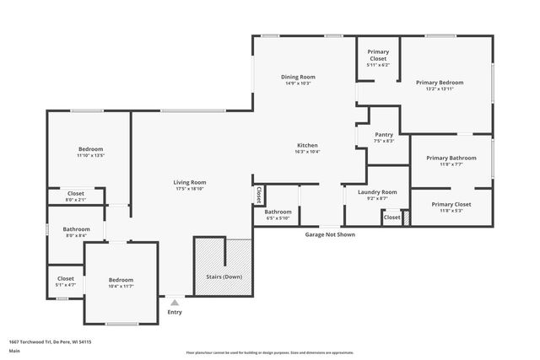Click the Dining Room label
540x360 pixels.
[297, 77]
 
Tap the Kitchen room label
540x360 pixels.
[306, 144]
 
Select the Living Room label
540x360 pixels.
[190, 182]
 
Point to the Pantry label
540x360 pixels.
[384, 134]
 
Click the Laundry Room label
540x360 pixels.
[377, 192]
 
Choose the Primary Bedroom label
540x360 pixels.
[440, 82]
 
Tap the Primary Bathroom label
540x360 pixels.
[451, 158]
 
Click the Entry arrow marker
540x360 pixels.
[175, 302]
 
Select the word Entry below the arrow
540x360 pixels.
[175, 312]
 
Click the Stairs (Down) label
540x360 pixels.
[224, 277]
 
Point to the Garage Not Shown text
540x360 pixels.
[330, 234]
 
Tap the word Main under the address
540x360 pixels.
[14, 351]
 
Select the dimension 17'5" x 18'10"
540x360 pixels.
[190, 189]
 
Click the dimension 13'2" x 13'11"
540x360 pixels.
[440, 89]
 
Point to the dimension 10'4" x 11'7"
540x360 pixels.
[121, 287]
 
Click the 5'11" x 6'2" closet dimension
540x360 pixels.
[377, 65]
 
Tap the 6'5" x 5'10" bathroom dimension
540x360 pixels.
[278, 218]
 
